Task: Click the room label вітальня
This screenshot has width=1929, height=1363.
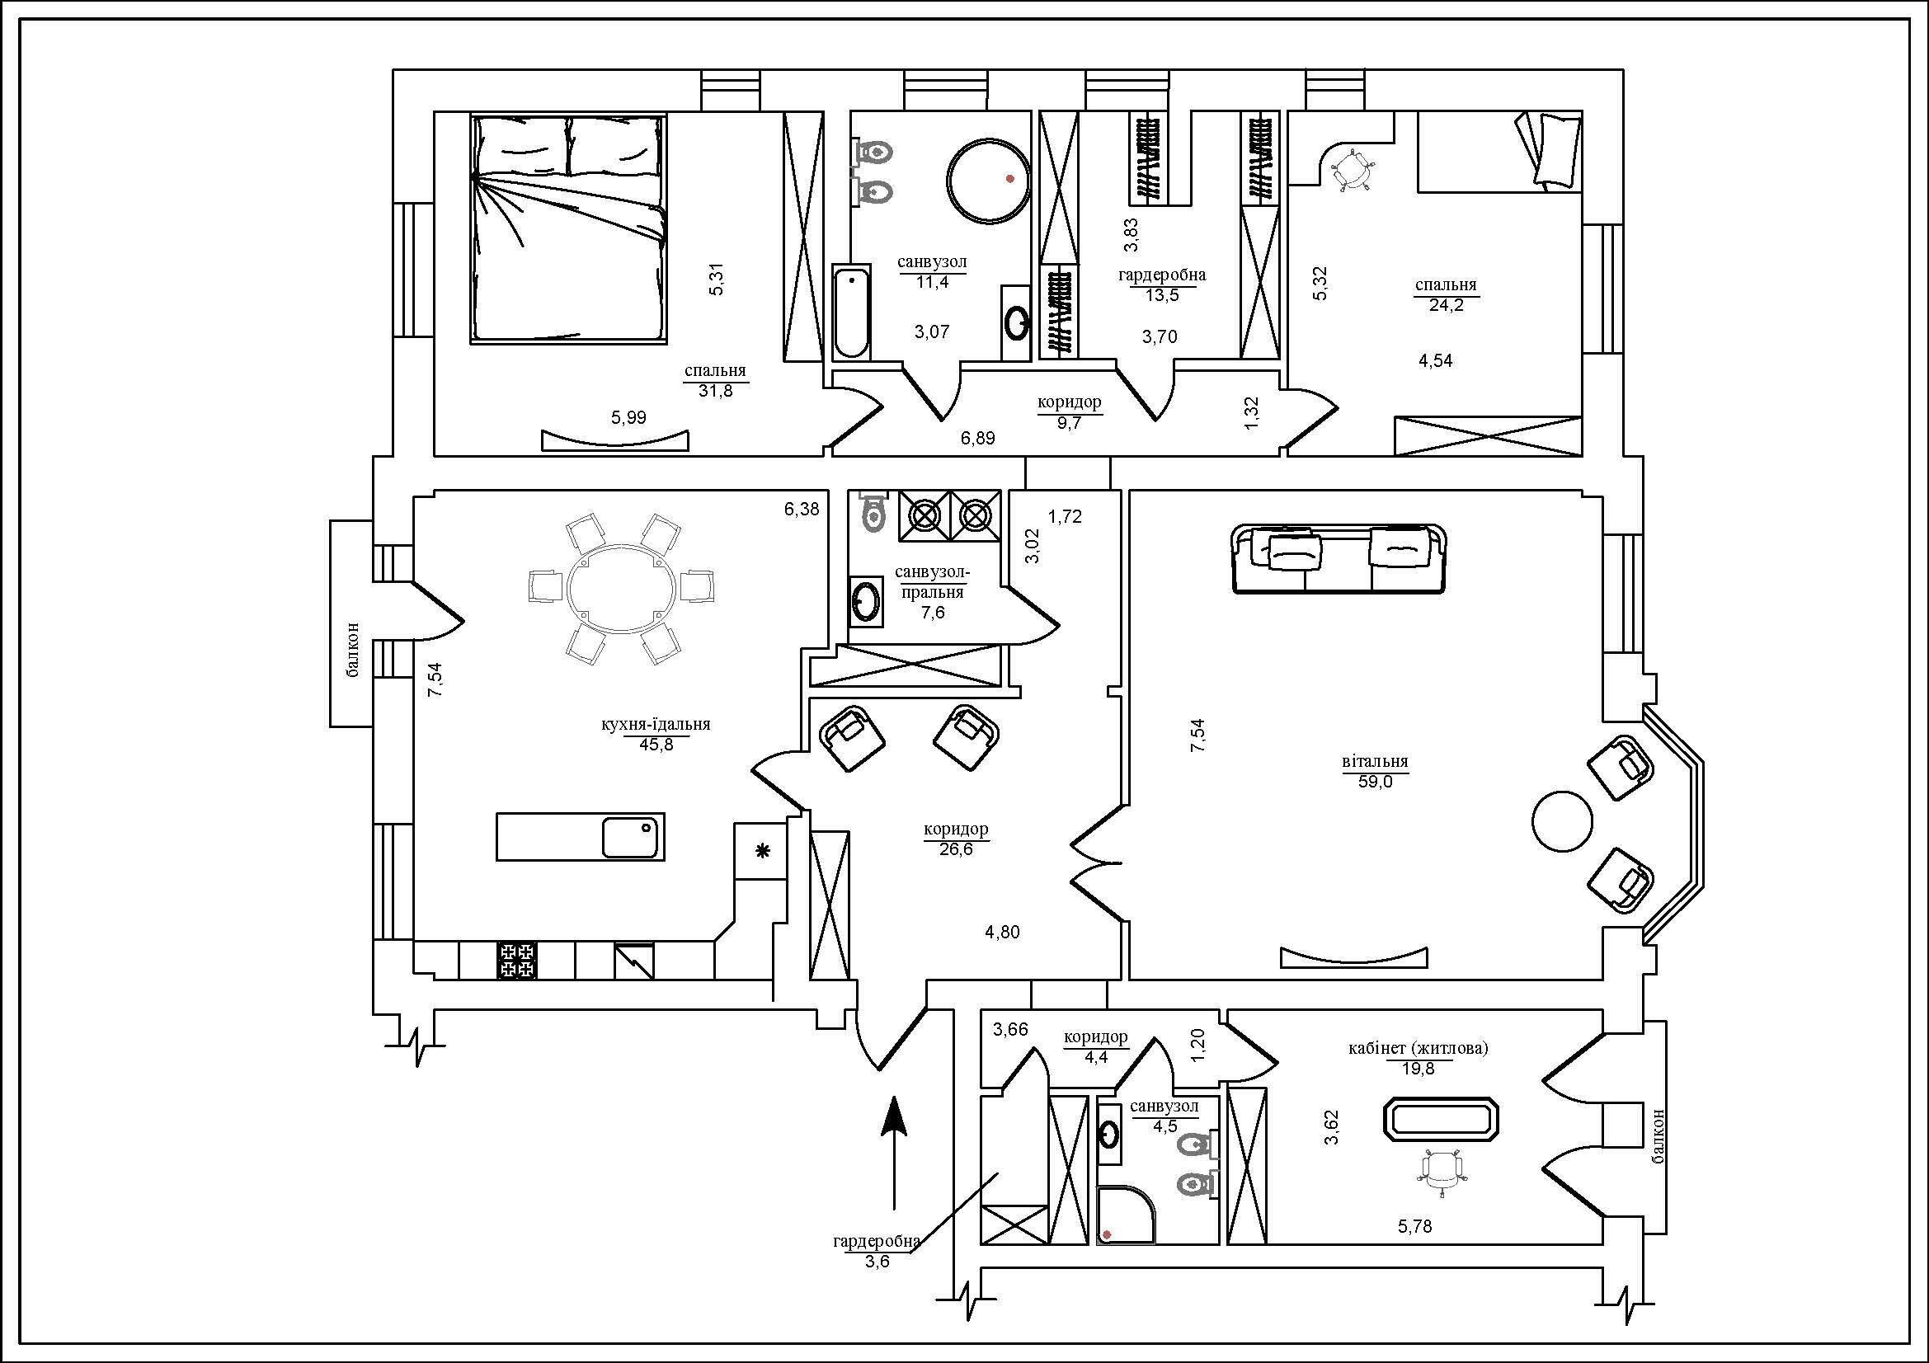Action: coord(1375,762)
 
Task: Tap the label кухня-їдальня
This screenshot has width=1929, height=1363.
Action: coord(656,724)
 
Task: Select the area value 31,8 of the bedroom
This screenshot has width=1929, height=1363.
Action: coord(715,391)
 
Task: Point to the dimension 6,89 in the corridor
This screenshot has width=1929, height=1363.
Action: coord(978,438)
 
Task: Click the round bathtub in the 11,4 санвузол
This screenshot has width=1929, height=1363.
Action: coord(988,180)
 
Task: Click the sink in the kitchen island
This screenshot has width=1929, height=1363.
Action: coord(631,837)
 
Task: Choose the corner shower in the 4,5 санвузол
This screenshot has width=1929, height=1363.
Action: coord(1125,1215)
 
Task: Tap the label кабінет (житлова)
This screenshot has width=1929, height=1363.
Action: coord(1419,1048)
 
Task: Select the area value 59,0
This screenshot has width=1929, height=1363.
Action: coord(1376,781)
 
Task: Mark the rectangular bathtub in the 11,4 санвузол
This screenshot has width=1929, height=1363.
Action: coord(852,312)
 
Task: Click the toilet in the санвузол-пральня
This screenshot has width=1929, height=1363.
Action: coord(873,510)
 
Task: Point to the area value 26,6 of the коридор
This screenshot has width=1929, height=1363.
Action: coord(956,848)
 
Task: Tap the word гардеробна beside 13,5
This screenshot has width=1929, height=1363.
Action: coord(1162,275)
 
